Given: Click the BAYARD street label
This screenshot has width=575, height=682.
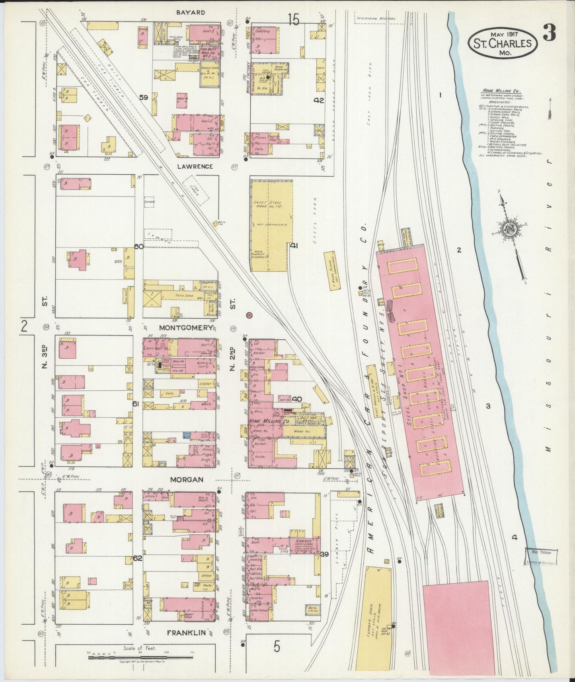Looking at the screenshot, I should click(191, 13).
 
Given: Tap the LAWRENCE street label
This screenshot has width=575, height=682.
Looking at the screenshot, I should click(195, 166).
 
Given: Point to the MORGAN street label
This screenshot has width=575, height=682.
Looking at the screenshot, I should click(187, 479).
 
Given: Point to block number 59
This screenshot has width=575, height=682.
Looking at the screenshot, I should click(144, 97).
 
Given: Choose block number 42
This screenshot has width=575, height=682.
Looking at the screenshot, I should click(319, 100).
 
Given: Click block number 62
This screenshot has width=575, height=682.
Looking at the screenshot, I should click(138, 558).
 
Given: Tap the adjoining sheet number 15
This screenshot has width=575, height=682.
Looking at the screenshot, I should click(294, 20).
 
